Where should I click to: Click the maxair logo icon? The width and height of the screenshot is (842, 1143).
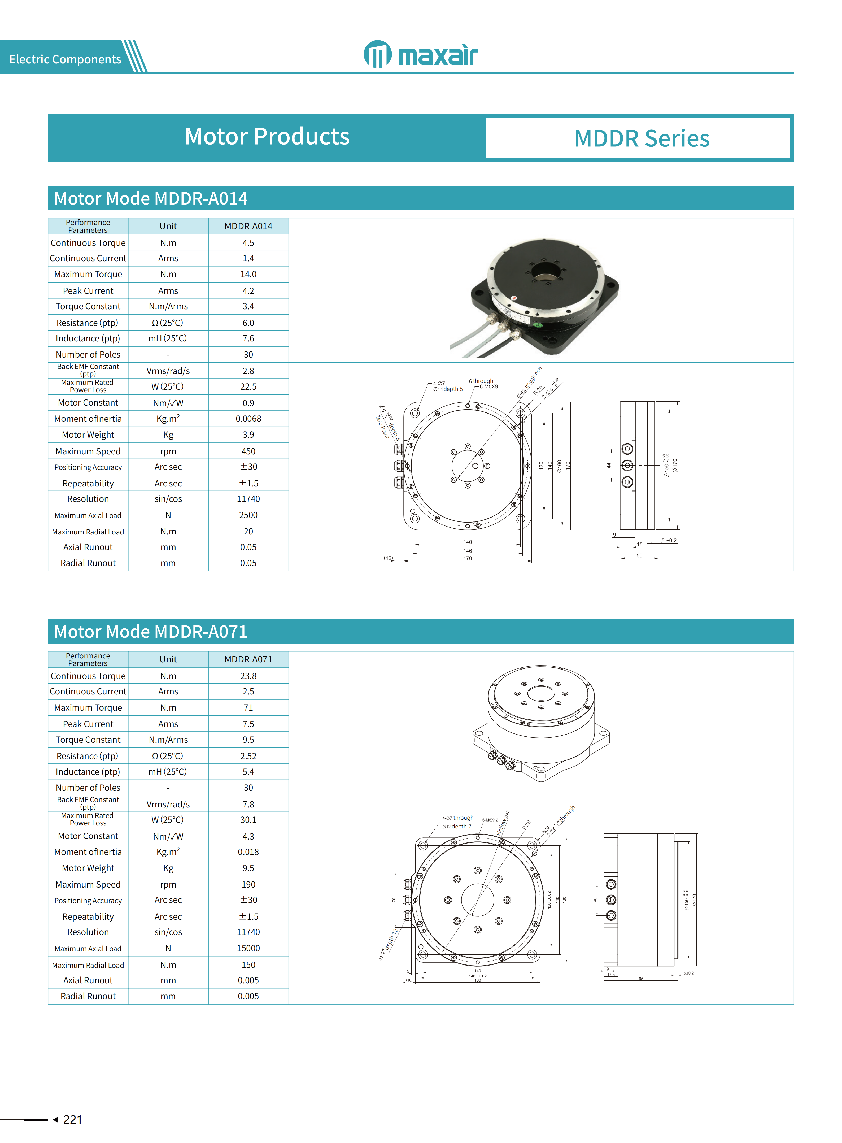[x=377, y=54]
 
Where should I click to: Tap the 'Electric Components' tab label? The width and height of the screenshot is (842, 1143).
[x=65, y=59]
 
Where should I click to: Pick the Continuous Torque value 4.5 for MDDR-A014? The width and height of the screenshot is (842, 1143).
[x=248, y=243]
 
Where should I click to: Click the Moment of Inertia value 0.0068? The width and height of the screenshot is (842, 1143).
[x=248, y=419]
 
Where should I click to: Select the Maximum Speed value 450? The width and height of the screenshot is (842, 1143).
[x=248, y=451]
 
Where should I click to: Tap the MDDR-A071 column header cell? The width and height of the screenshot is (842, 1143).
[x=248, y=659]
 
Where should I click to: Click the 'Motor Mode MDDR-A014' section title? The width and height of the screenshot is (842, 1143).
[x=151, y=198]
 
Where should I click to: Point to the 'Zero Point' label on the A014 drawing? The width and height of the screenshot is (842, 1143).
[x=382, y=427]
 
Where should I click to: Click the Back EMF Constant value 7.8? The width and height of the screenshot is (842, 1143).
[x=248, y=804]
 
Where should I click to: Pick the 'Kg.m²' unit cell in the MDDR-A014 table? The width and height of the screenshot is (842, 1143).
[x=168, y=419]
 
